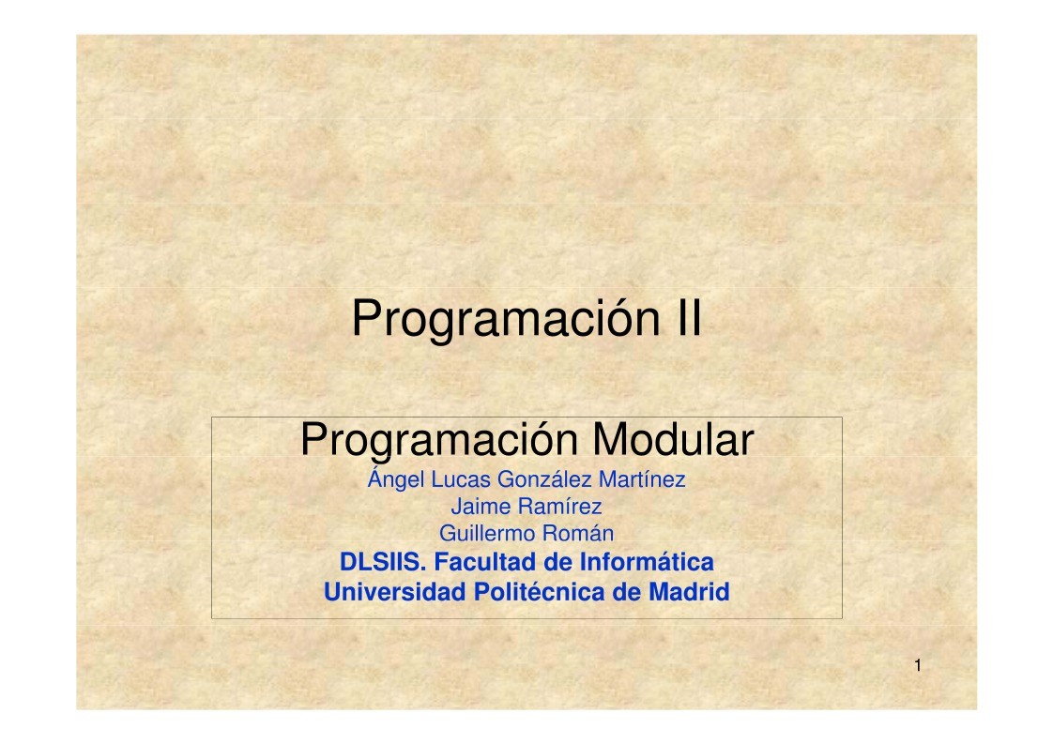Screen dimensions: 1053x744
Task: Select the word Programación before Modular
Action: [x=439, y=441]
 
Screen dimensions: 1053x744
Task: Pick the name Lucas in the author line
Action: [x=461, y=479]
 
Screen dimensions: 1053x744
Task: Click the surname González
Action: [x=544, y=479]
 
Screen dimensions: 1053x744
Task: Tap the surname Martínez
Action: [x=642, y=479]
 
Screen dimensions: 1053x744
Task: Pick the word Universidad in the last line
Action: [x=395, y=592]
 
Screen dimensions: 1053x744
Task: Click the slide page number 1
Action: [x=918, y=666]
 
